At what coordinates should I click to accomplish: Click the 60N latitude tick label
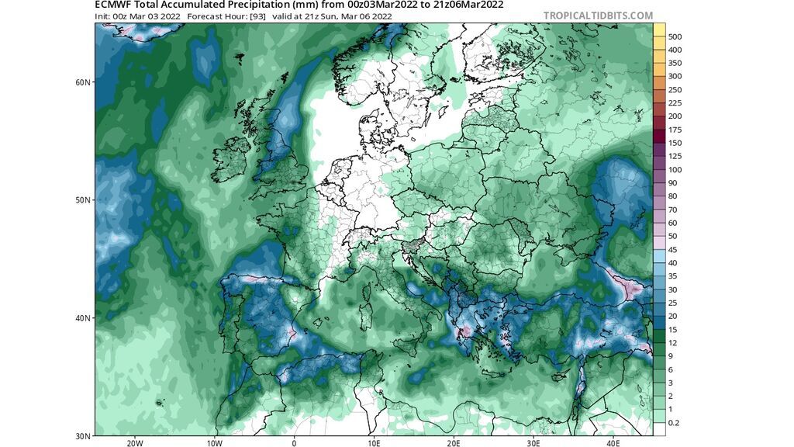click(86, 82)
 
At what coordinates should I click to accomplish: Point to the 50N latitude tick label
click(86, 200)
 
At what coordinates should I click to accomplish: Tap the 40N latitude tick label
click(86, 318)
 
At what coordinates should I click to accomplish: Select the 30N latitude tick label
click(86, 435)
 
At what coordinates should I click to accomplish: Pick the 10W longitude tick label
click(215, 443)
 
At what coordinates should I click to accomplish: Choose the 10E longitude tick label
click(375, 443)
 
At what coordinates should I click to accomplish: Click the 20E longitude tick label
click(454, 443)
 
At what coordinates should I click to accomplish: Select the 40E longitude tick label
click(613, 443)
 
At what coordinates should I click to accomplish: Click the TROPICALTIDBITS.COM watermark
click(599, 16)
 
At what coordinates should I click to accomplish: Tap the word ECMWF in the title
click(113, 5)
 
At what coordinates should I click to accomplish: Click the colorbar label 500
click(675, 36)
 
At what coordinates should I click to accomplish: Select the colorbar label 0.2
click(675, 422)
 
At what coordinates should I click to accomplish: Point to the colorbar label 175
click(675, 130)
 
